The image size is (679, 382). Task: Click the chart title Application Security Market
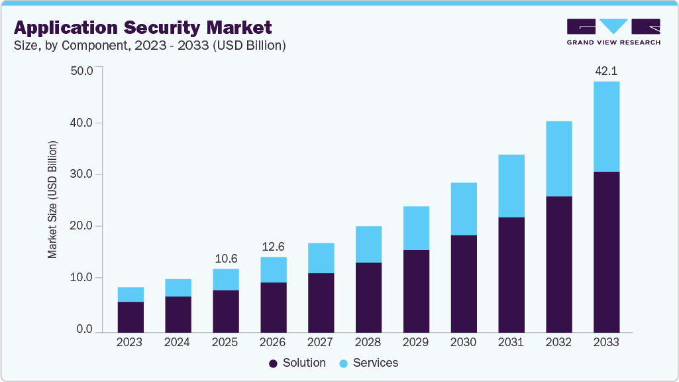tap(142, 27)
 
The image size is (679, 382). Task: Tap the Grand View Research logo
tap(613, 32)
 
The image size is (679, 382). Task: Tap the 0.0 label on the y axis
tap(84, 330)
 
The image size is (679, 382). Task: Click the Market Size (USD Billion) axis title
tap(52, 200)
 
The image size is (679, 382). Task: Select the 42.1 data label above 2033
tap(606, 71)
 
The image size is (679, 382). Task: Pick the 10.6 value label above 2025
tap(225, 258)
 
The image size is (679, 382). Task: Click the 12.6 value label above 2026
tap(273, 247)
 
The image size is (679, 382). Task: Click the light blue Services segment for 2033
tap(606, 126)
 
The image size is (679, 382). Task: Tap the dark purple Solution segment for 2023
tap(131, 317)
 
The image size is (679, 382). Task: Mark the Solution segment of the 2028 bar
tap(368, 297)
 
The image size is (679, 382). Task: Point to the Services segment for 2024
tap(178, 287)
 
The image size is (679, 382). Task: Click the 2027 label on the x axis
tap(321, 342)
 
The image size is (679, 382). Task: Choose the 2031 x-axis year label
tap(511, 342)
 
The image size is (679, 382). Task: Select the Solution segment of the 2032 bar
tap(559, 264)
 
